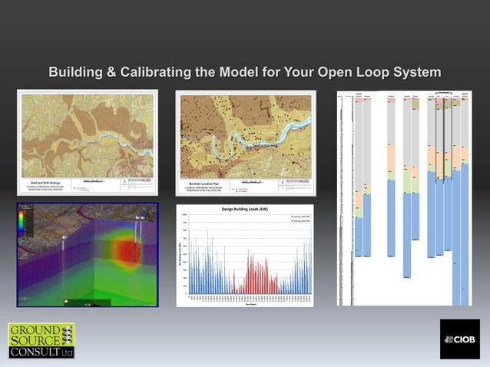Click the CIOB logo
pyautogui.click(x=459, y=339)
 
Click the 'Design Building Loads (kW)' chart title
pyautogui.click(x=244, y=209)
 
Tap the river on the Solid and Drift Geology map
pyautogui.click(x=115, y=143)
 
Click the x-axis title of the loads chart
pyautogui.click(x=244, y=303)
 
